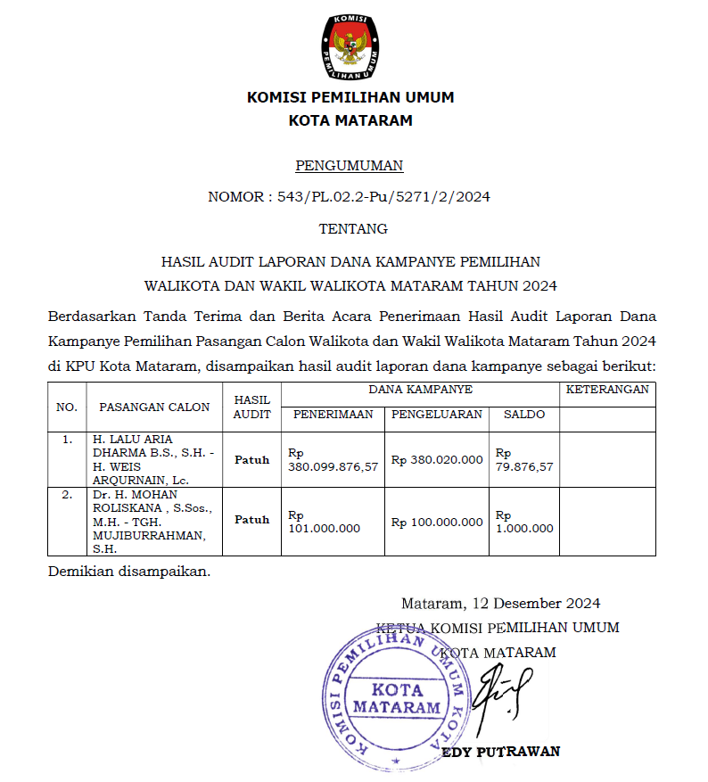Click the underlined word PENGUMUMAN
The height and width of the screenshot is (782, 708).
click(349, 165)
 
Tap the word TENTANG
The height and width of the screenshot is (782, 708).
click(353, 228)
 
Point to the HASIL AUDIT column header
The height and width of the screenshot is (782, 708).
click(251, 407)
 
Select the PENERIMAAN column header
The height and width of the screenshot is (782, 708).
click(333, 414)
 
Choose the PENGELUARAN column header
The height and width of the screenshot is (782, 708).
click(437, 414)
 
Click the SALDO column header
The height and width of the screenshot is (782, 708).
click(524, 414)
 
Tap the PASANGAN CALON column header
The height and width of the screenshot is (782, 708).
click(154, 407)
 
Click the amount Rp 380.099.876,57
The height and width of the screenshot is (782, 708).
click(333, 460)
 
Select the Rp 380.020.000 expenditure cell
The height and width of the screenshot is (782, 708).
click(437, 460)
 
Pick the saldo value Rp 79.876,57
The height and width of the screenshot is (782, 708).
click(524, 460)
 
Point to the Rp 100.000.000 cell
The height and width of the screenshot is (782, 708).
click(437, 522)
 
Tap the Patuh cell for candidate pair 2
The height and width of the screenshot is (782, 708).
click(251, 520)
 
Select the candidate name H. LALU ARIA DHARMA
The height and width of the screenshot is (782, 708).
click(143, 445)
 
